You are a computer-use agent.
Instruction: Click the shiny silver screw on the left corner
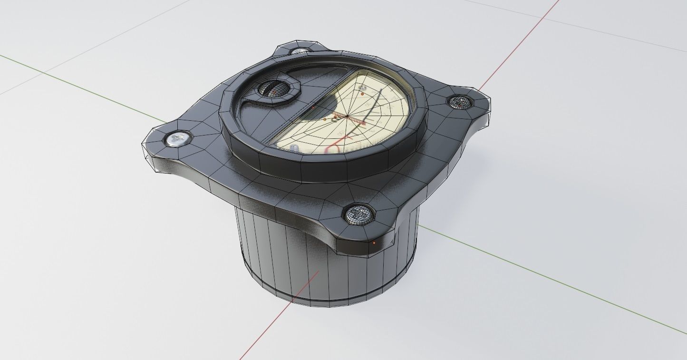pos(178,139)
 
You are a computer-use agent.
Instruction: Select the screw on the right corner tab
pos(459,101)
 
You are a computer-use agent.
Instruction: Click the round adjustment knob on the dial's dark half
pos(273,89)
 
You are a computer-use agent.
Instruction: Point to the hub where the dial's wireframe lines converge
pos(348,116)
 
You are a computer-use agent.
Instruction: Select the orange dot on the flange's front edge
pos(374,243)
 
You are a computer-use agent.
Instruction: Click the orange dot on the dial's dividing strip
pos(313,108)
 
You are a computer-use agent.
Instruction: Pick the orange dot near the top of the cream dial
pos(362,94)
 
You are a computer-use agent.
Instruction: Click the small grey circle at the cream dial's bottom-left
pos(295,148)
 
